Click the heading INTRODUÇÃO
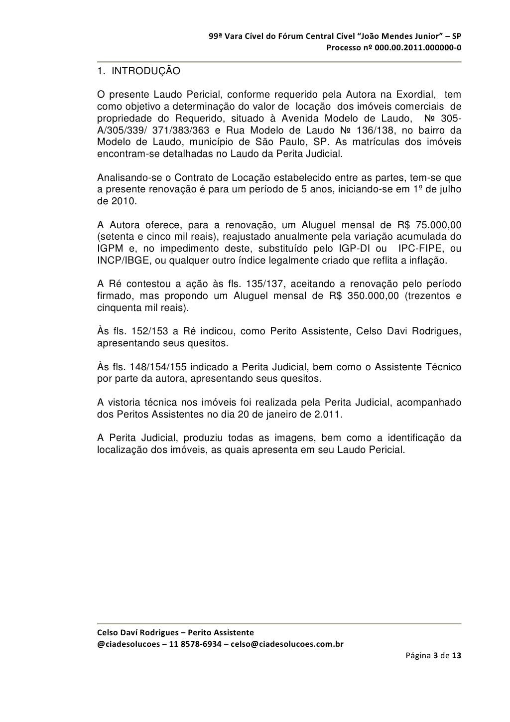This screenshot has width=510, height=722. click(x=145, y=71)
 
